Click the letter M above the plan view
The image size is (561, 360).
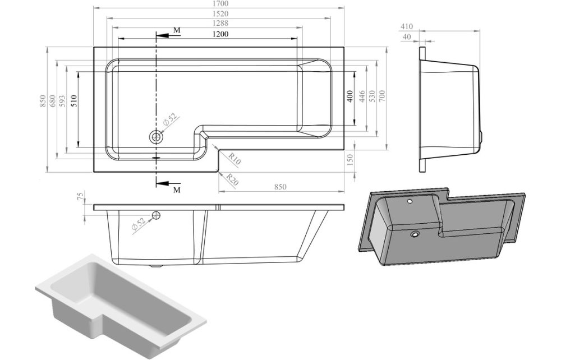click(x=177, y=29)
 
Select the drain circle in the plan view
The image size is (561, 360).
click(x=156, y=136)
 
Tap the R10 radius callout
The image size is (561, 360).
click(x=234, y=160)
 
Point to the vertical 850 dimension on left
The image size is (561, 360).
click(x=42, y=101)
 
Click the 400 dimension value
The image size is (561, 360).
click(x=350, y=97)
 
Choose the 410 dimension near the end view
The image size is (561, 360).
click(x=407, y=26)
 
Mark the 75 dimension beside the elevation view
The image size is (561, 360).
click(x=80, y=197)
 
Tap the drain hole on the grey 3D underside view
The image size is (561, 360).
click(x=416, y=234)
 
